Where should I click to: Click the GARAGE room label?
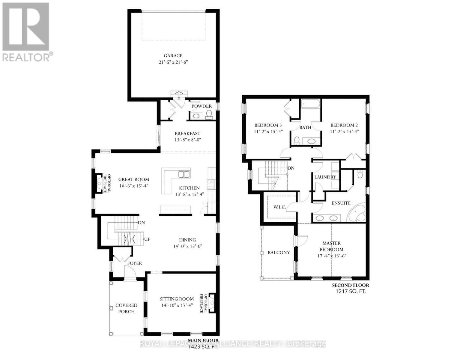(173, 56)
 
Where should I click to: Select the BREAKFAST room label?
(187, 133)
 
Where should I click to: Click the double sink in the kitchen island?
(183, 175)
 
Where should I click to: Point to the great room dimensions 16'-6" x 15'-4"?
(133, 186)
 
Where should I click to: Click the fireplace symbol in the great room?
(99, 183)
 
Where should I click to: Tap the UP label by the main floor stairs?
(147, 239)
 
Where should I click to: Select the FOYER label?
(135, 263)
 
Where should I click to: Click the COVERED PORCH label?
(127, 308)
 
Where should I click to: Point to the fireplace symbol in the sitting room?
(213, 303)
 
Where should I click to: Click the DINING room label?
(187, 240)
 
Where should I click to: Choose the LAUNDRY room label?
(325, 177)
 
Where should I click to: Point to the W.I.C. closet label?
(279, 207)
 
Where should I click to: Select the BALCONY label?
(279, 253)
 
